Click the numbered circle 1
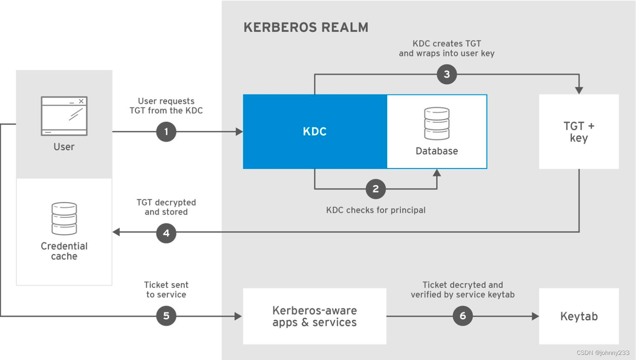point(166,131)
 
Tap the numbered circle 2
point(376,189)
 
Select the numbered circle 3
point(446,74)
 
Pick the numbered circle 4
point(166,233)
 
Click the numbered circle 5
point(166,316)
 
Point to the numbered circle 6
point(462,316)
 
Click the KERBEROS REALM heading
point(306,27)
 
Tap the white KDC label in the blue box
point(315,131)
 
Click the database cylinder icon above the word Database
point(437,124)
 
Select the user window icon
point(64,116)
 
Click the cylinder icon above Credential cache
point(64,219)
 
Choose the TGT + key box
point(579,131)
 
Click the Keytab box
point(579,316)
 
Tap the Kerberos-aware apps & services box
point(315,316)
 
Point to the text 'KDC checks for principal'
point(376,210)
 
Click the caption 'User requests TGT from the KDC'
point(166,106)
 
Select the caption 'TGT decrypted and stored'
point(166,207)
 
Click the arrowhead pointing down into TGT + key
point(579,90)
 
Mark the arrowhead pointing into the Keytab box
point(535,316)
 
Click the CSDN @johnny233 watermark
point(602,353)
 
